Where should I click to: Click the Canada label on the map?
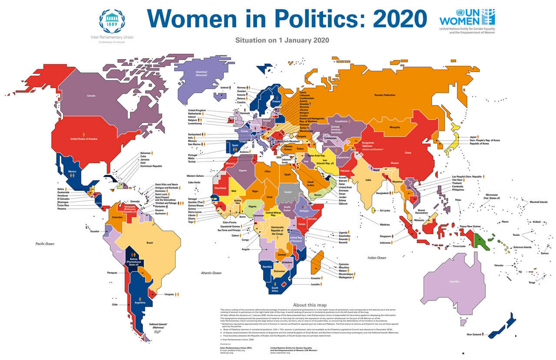91,96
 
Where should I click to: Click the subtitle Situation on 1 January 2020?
282,40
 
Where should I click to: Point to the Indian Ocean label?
376,258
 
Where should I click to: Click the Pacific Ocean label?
45,244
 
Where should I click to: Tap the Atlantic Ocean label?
211,273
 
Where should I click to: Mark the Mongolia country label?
394,127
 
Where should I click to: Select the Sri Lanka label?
385,211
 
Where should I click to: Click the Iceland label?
225,87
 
